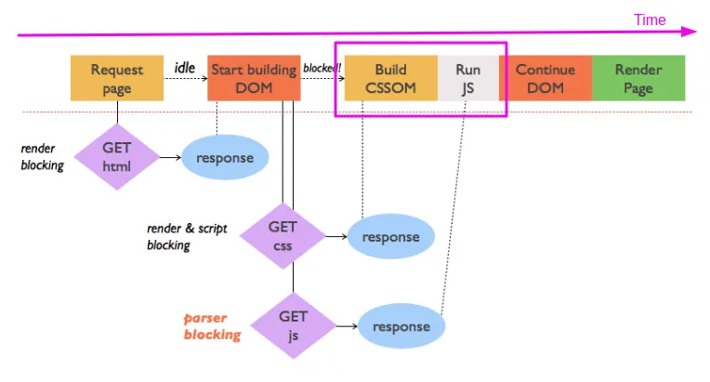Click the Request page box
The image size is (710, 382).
(x=117, y=78)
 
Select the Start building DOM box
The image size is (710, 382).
(x=254, y=78)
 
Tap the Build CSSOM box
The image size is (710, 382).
(x=390, y=78)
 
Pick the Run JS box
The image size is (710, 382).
(x=468, y=78)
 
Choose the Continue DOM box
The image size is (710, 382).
(x=545, y=78)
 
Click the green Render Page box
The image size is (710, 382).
(x=638, y=78)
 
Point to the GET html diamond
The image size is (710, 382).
(x=117, y=156)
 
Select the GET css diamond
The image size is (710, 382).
(x=283, y=236)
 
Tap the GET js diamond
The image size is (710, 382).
(x=294, y=325)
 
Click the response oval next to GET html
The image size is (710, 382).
(x=225, y=157)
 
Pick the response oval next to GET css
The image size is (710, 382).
(x=390, y=237)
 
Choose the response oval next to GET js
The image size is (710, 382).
(x=401, y=326)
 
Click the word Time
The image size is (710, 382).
(x=650, y=20)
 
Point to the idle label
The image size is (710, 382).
(x=184, y=67)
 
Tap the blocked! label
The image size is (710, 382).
(x=322, y=68)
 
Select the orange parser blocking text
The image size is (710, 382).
(x=212, y=325)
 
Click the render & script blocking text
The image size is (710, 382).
(x=182, y=236)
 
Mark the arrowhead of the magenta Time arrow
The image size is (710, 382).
(x=690, y=32)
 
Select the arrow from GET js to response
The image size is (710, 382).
(x=345, y=326)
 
